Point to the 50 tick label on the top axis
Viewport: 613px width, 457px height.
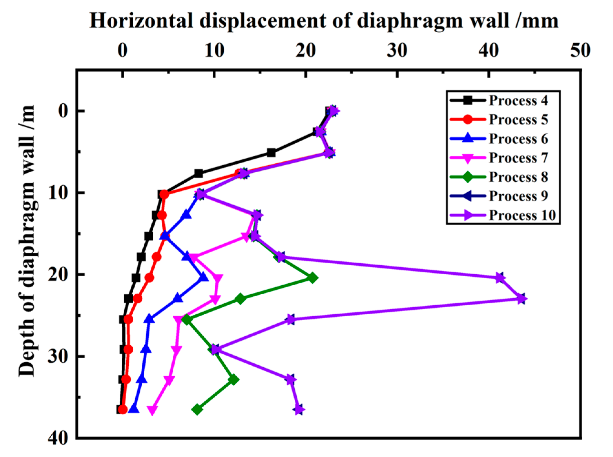(x=580, y=51)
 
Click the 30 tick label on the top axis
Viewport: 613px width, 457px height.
(x=397, y=51)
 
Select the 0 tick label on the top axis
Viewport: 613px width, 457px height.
(x=122, y=51)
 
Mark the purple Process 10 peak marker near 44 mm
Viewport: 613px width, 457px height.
(x=521, y=299)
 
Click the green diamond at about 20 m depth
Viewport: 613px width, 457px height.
(x=312, y=278)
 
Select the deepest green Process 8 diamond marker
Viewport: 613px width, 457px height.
(x=197, y=410)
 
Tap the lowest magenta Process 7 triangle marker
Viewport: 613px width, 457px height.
(x=152, y=410)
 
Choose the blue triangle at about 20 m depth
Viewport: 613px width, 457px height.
(x=203, y=278)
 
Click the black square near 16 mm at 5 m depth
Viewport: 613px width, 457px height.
(x=271, y=153)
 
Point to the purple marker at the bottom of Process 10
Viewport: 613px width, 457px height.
(x=299, y=410)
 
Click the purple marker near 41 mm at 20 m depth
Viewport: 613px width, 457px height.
(x=500, y=278)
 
